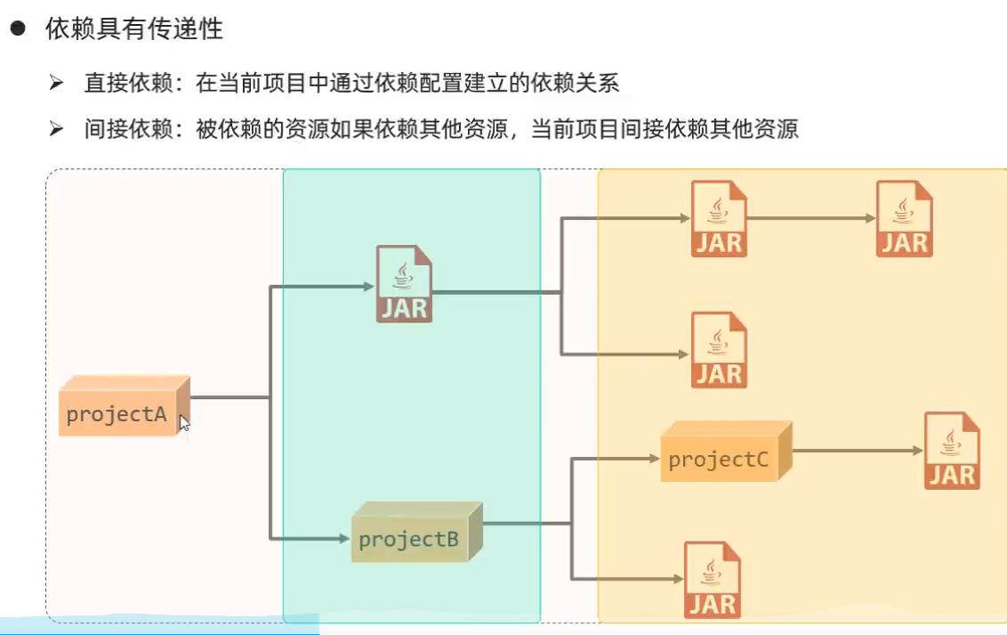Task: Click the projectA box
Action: pos(124,406)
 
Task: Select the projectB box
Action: pos(417,533)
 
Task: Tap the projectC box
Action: pos(727,452)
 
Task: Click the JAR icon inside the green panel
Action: pos(404,283)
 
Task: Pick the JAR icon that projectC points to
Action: pos(953,451)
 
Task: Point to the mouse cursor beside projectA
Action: pos(184,423)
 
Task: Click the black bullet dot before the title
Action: pos(18,28)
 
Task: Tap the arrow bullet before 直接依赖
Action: pos(57,82)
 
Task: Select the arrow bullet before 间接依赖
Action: pos(57,128)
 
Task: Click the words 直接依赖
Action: pos(128,83)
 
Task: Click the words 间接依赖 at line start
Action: pos(128,129)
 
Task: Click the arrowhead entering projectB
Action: pos(345,538)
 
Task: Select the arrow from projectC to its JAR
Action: pos(858,451)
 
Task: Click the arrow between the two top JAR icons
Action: pos(812,218)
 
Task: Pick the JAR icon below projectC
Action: pos(713,580)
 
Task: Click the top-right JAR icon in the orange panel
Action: pos(905,218)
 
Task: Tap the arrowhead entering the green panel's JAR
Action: pos(369,286)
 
